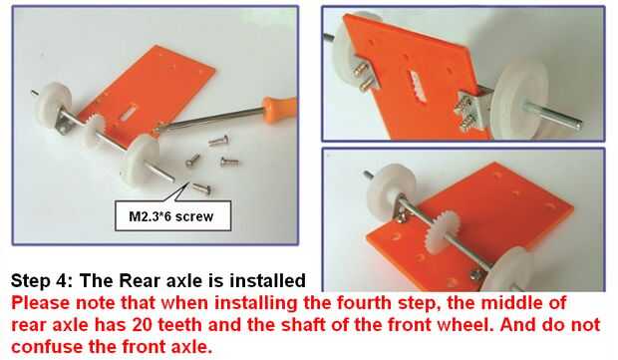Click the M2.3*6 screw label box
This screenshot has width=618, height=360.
(172, 215)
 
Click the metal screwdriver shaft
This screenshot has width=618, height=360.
(213, 118)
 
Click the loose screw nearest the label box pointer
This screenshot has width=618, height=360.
(201, 188)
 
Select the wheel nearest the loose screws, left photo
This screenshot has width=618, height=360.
(141, 159)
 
